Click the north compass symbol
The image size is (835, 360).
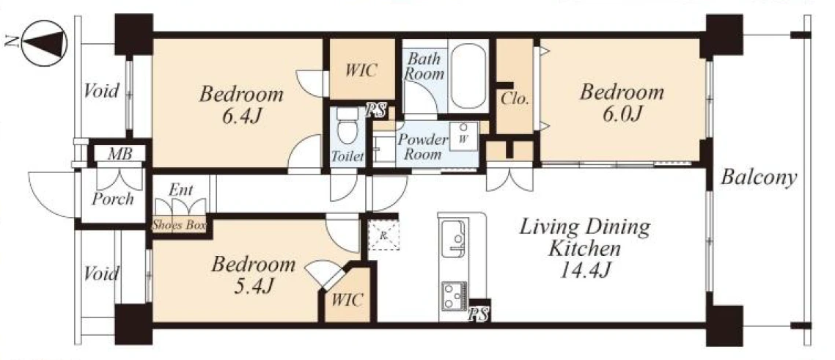coord(43,43)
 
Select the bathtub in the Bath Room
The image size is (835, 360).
coord(468,77)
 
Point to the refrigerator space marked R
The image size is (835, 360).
coord(383,235)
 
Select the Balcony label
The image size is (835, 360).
coord(758,178)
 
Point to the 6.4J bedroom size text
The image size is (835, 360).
coord(241,117)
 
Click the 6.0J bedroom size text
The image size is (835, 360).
coord(621,114)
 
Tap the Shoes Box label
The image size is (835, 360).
coord(179,225)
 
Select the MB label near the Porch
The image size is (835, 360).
coord(119,155)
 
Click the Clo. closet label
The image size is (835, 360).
coord(515,98)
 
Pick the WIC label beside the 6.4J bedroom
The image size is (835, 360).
coord(361,70)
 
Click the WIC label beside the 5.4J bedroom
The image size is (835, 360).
coord(347,300)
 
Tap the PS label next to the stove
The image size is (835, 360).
coord(479,315)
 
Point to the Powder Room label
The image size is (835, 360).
coord(423,147)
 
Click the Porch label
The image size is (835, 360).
coord(112,199)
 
